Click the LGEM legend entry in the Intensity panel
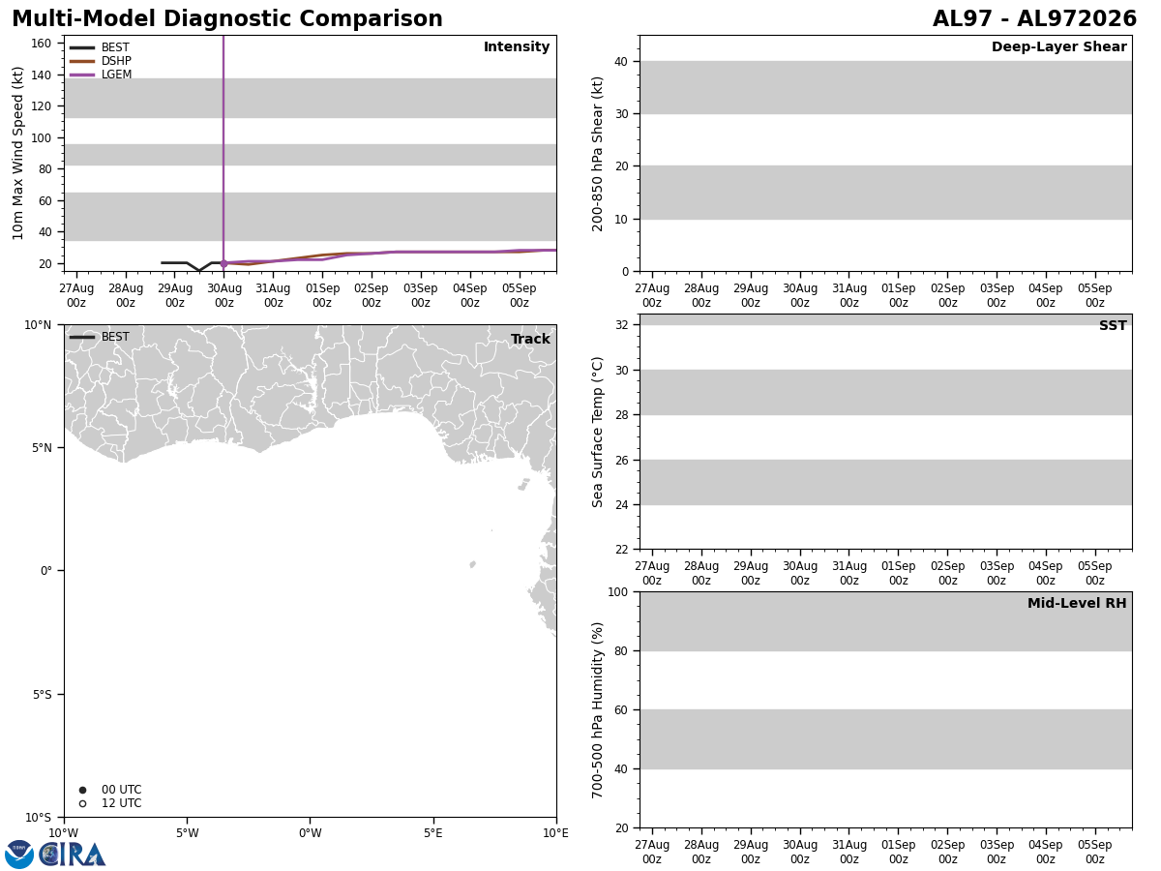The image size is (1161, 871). coord(101,75)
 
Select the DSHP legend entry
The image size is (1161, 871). coord(101,61)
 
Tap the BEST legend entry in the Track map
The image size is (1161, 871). coord(100,337)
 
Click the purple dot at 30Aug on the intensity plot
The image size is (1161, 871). coord(223,263)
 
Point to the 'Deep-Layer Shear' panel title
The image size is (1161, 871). coord(1058,46)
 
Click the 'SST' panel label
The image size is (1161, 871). coord(1113,325)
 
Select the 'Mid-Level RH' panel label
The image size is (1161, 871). coord(1077,603)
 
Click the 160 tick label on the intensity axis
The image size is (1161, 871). coord(41,44)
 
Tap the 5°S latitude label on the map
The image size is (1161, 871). coord(42,694)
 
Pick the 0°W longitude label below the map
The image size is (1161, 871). coord(311,833)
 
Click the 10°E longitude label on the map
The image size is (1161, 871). coord(555,833)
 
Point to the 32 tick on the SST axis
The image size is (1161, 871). coord(621,325)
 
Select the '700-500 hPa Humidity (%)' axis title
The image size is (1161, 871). coord(597,710)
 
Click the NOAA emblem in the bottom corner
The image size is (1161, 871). coord(19,855)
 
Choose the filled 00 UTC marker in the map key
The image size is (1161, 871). coord(82,790)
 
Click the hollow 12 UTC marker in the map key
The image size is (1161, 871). coord(82,804)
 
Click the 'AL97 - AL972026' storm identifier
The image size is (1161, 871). coord(1034,19)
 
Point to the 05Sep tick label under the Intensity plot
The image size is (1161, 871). coord(519,295)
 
